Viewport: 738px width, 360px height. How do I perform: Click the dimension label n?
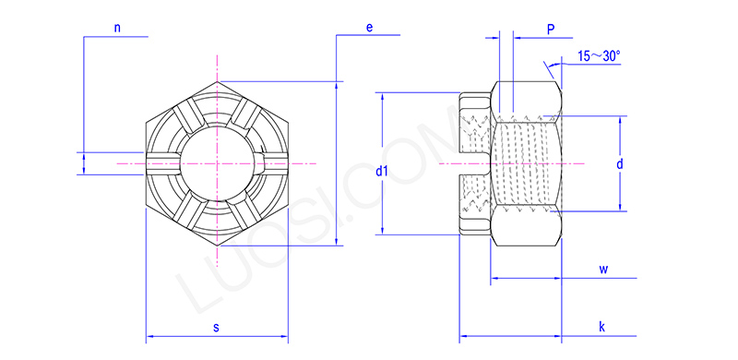point(117,28)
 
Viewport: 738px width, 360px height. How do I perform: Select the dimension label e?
point(369,28)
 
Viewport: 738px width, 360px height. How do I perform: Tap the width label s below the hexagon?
point(216,327)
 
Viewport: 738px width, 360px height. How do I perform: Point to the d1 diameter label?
point(382,172)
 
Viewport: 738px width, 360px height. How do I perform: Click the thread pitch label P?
point(551,30)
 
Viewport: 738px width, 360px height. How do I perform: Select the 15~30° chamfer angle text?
point(599,56)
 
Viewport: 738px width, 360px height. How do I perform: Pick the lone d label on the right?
point(621,163)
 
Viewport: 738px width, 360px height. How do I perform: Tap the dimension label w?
point(603,270)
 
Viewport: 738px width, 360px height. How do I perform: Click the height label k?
point(601,327)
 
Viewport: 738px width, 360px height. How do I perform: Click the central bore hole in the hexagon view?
point(218,163)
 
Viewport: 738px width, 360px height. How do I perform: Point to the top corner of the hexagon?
point(219,82)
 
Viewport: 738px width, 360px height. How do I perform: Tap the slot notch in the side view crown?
point(472,163)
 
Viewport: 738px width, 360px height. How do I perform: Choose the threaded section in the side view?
point(526,163)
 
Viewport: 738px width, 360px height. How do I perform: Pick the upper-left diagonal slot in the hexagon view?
point(189,117)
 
